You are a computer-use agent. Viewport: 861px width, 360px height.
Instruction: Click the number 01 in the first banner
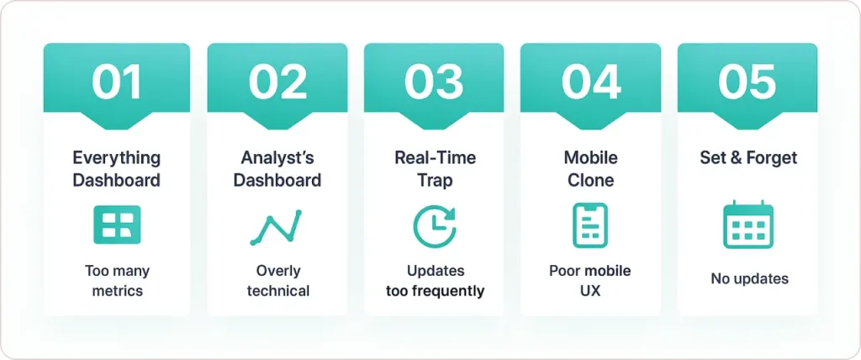[117, 82]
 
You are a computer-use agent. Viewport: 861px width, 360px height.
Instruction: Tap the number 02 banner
[277, 82]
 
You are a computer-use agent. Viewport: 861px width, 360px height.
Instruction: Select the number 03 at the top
[434, 82]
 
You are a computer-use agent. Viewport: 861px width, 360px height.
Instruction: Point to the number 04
[590, 82]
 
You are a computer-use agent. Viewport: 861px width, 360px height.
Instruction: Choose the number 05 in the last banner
[747, 82]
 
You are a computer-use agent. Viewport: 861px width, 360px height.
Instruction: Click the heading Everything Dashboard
[117, 168]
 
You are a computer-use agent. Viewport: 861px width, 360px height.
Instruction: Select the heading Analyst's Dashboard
[277, 168]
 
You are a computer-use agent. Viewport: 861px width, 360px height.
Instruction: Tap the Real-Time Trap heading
[434, 168]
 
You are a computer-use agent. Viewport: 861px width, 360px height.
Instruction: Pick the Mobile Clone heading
[590, 168]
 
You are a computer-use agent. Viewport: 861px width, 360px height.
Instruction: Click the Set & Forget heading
[747, 157]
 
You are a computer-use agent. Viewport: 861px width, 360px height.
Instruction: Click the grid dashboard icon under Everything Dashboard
[117, 225]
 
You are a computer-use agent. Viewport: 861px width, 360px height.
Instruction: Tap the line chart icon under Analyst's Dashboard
[276, 226]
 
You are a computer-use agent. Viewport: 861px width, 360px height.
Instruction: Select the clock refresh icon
[434, 226]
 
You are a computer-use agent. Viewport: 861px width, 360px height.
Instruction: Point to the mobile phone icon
[590, 225]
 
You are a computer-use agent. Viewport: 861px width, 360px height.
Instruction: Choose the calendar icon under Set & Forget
[747, 225]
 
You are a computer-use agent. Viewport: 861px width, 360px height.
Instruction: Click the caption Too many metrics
[117, 281]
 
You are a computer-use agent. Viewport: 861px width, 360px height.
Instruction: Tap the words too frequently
[435, 291]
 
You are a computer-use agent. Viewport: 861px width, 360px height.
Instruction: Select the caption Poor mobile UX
[590, 281]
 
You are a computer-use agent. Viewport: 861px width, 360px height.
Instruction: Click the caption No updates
[747, 278]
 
